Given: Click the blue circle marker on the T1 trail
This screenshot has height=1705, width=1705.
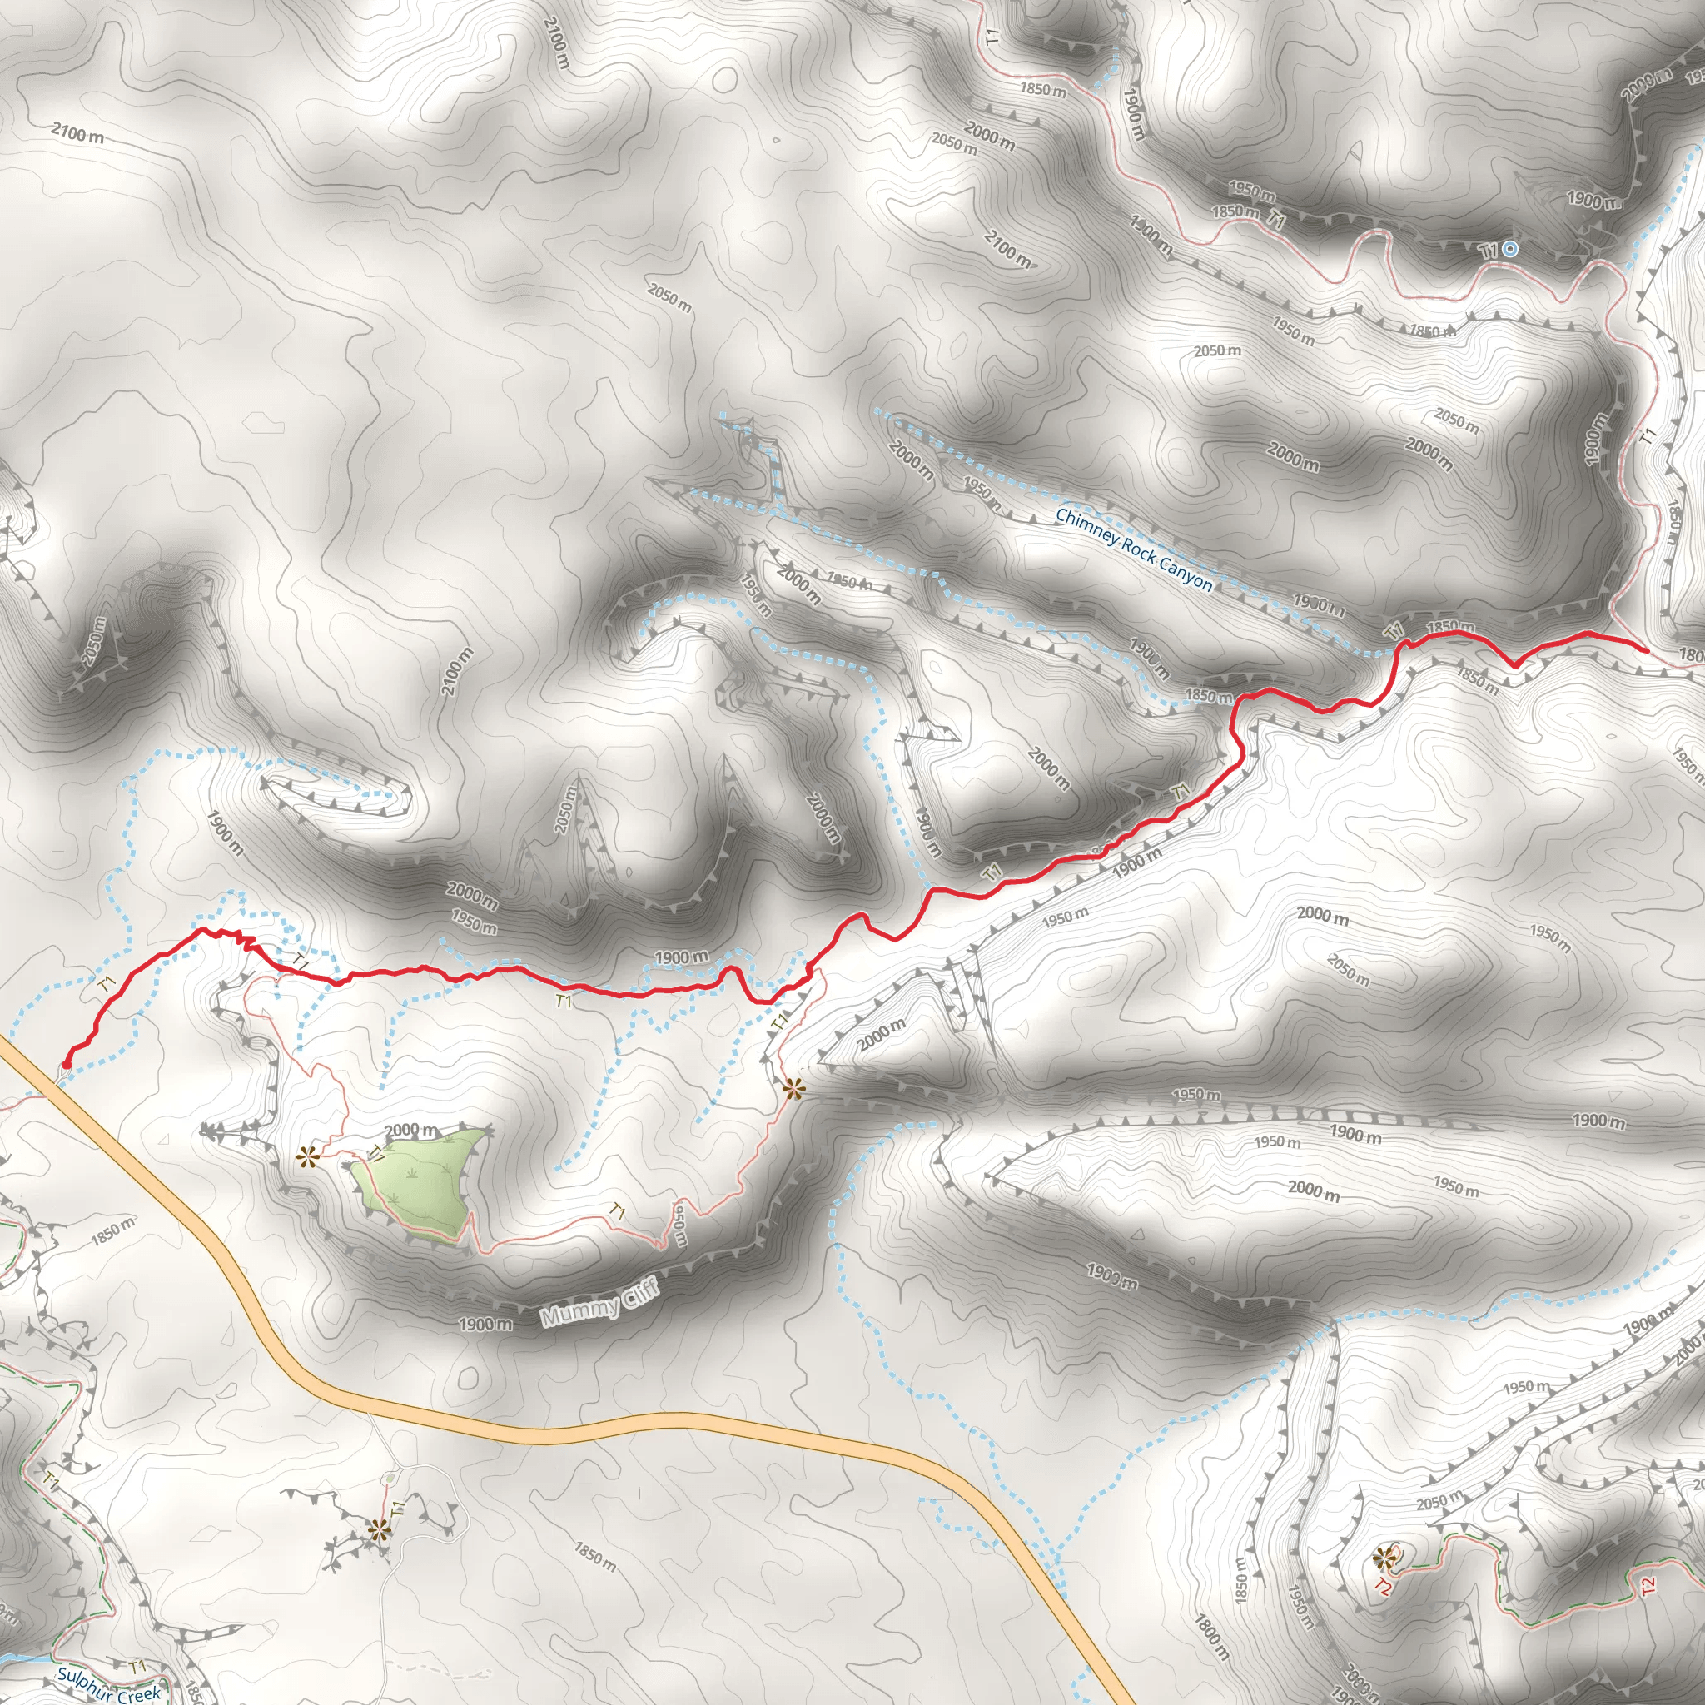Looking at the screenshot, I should (x=1510, y=249).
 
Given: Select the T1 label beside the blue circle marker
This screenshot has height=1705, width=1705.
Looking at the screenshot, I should (x=1489, y=251).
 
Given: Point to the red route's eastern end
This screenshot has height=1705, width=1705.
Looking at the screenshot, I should (x=1646, y=649).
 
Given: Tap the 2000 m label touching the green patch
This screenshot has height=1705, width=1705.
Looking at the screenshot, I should (x=411, y=1131).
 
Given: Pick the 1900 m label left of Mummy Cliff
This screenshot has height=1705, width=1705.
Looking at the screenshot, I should (x=485, y=1324).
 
